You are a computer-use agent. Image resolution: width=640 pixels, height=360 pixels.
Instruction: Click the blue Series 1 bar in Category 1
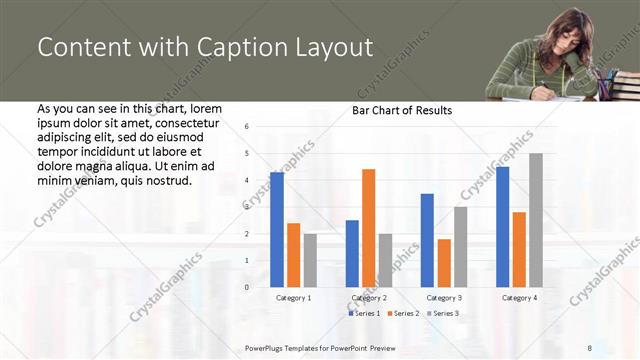point(277,230)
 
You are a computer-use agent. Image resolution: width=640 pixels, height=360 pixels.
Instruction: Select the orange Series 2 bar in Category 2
point(368,228)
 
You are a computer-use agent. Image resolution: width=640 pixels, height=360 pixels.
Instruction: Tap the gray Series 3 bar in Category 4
point(535,220)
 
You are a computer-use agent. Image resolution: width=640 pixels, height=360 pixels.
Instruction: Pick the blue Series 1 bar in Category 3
point(427,240)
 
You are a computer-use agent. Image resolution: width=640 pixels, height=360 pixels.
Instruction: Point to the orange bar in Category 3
point(444,263)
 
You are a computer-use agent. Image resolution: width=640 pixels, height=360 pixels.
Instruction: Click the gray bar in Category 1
point(310,260)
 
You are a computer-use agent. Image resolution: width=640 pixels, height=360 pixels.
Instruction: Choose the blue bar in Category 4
point(502,227)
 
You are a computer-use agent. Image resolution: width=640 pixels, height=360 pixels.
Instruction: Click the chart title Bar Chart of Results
point(402,110)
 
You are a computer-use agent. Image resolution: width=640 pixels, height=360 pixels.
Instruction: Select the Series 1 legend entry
point(365,314)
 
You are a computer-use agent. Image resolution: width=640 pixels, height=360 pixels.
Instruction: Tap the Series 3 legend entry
point(443,314)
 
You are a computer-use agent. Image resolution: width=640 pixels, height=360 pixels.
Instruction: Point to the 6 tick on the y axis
point(247,126)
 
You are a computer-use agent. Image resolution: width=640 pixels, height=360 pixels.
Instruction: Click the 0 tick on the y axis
point(247,287)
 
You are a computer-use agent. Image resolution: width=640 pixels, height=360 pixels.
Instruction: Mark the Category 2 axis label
point(368,298)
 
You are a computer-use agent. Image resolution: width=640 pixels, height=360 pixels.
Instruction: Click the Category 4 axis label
point(518,298)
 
